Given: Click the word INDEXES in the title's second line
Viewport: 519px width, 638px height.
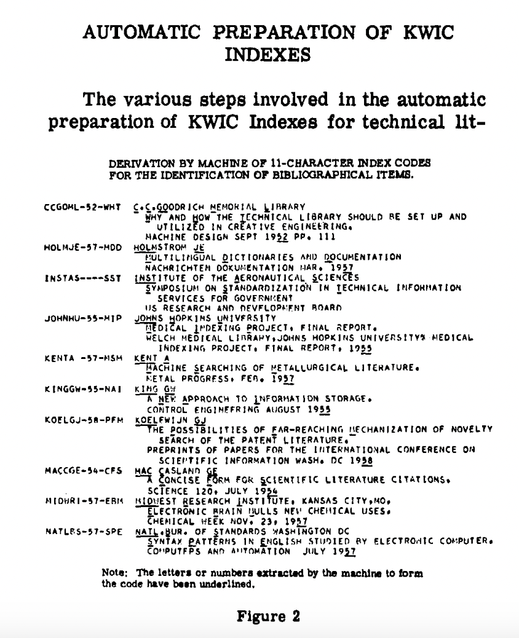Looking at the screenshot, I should [266, 55].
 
